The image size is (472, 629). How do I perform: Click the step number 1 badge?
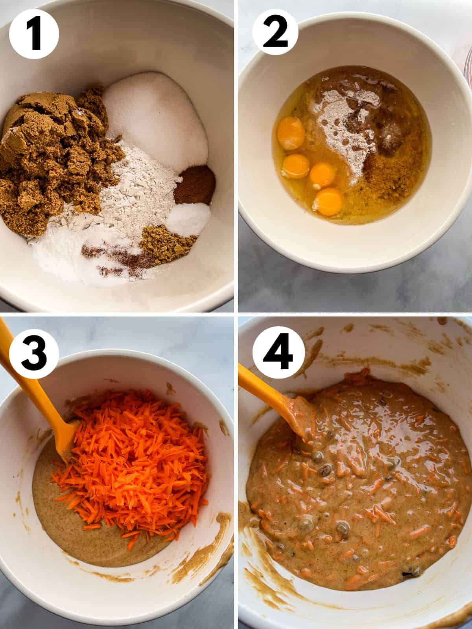tap(34, 35)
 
